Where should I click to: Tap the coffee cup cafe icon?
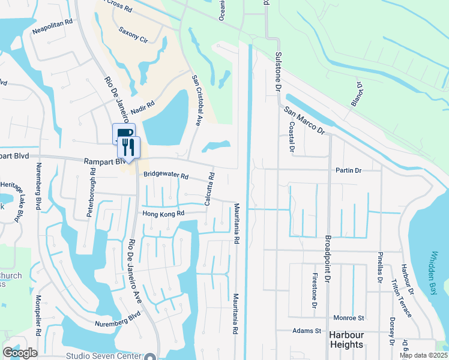pyautogui.click(x=123, y=134)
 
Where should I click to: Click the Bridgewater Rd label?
pyautogui.click(x=166, y=176)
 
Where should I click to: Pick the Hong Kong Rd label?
pyautogui.click(x=163, y=214)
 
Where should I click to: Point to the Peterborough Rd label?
pyautogui.click(x=92, y=188)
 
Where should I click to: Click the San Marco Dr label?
pyautogui.click(x=304, y=121)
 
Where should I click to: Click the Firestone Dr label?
pyautogui.click(x=314, y=291)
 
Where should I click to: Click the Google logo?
pyautogui.click(x=20, y=352)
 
